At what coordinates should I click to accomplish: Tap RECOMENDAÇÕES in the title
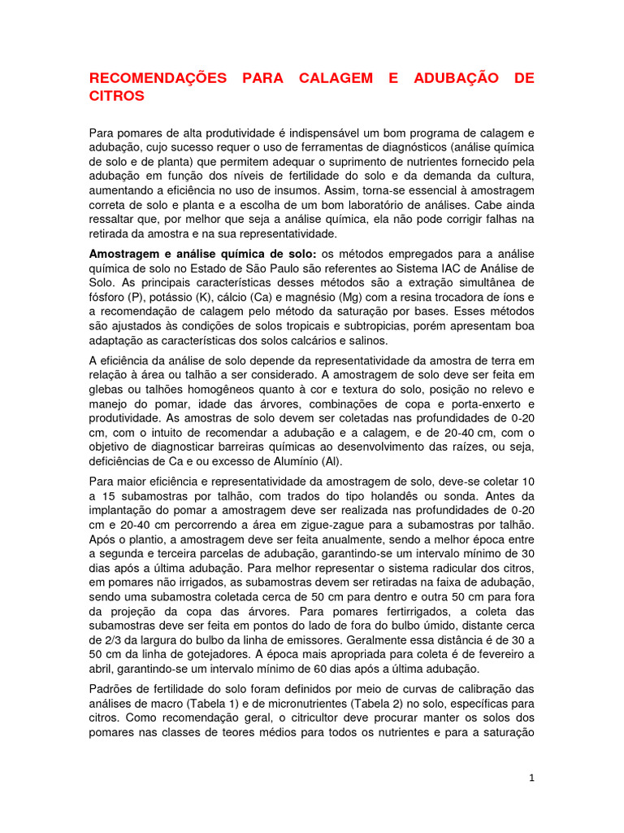pyautogui.click(x=158, y=78)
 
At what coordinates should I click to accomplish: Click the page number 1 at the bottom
pyautogui.click(x=531, y=778)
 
